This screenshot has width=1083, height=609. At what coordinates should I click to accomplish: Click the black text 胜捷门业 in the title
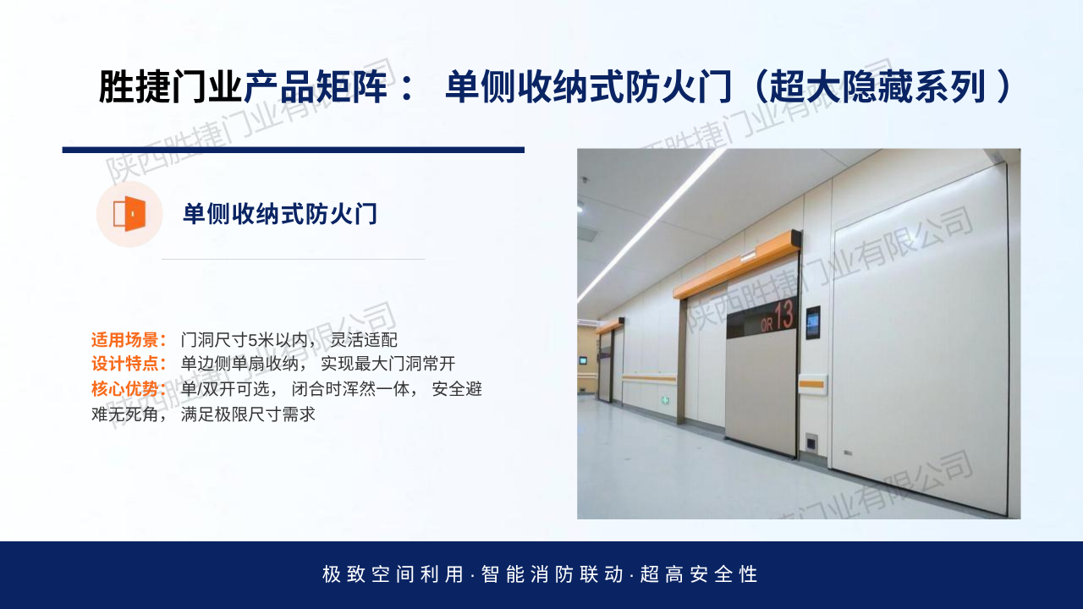[x=170, y=87]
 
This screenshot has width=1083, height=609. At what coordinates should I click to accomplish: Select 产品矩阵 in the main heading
[x=316, y=87]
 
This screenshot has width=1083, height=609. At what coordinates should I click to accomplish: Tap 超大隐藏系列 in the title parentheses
[x=877, y=87]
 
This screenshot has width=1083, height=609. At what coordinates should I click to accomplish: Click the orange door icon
[x=129, y=214]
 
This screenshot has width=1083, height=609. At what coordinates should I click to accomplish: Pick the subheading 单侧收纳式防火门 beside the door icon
[x=279, y=214]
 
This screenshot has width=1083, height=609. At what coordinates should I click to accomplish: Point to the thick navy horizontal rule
[x=294, y=150]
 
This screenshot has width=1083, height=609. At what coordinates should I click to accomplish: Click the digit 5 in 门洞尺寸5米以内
[x=252, y=340]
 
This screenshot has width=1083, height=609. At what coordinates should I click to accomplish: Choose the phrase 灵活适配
[x=364, y=340]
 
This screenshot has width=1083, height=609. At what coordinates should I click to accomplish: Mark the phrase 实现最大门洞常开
[x=388, y=364]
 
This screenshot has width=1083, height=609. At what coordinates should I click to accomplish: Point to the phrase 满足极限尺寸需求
[x=248, y=414]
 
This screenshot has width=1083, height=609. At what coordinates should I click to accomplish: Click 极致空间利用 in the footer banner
[x=393, y=574]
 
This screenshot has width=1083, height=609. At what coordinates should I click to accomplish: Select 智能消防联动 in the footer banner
[x=552, y=574]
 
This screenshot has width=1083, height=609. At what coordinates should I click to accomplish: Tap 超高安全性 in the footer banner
[x=699, y=574]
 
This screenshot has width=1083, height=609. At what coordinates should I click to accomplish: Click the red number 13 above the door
[x=783, y=315]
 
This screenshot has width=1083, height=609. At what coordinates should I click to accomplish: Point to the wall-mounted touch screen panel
[x=813, y=322]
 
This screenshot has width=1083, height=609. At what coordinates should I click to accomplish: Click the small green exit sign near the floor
[x=666, y=401]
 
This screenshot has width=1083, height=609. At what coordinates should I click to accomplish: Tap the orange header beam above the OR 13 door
[x=737, y=265]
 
